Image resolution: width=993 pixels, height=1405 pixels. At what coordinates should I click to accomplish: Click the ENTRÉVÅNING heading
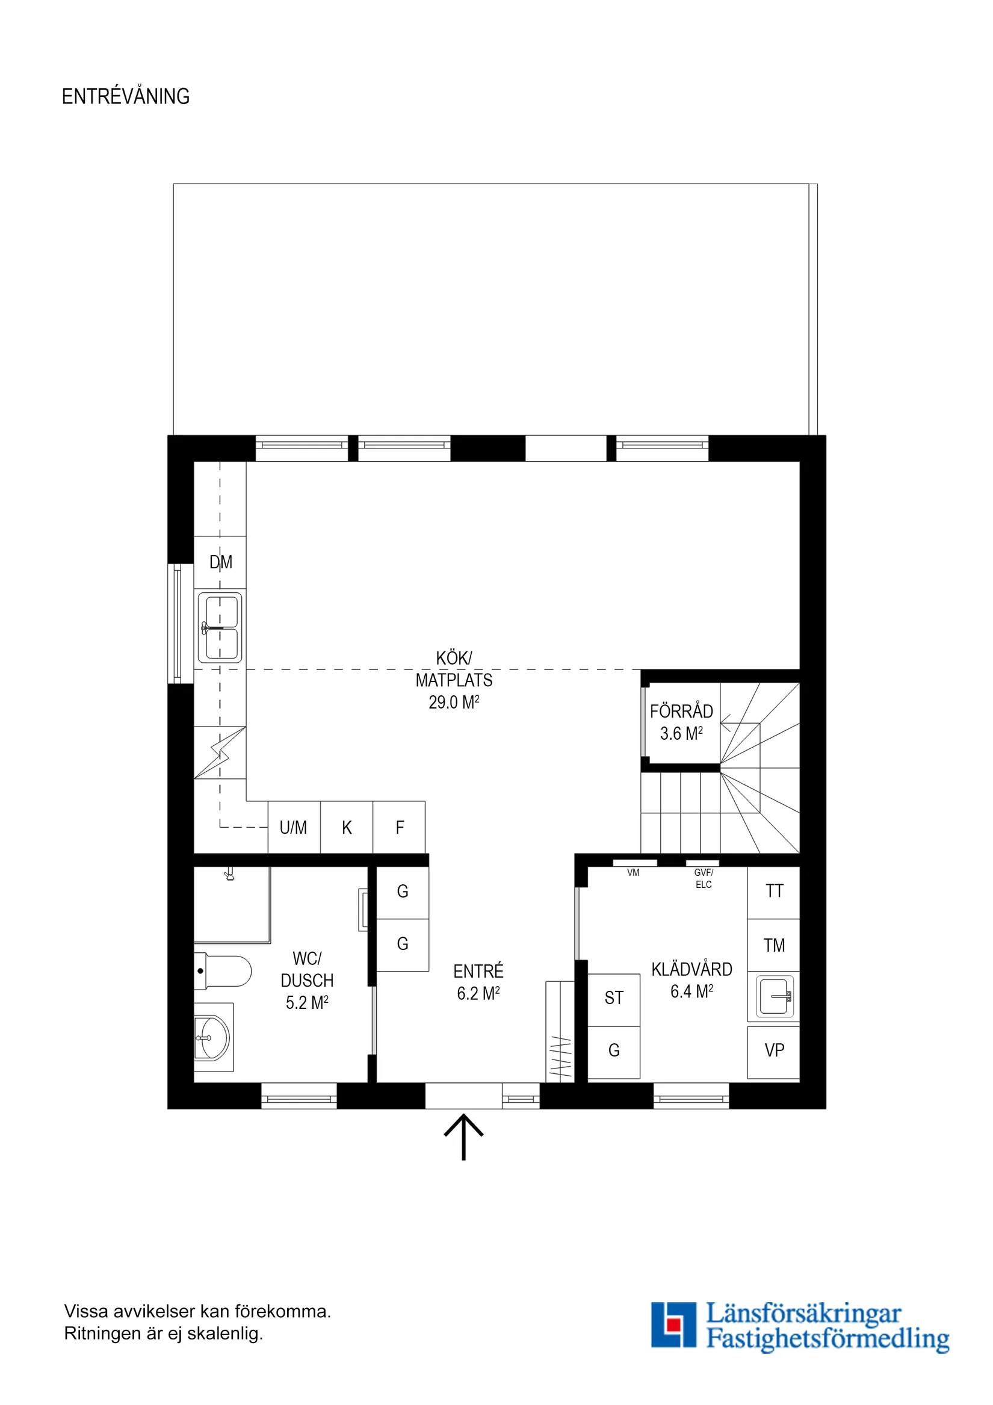pos(125,96)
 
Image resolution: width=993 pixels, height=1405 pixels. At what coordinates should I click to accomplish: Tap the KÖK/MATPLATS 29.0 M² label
pos(453,680)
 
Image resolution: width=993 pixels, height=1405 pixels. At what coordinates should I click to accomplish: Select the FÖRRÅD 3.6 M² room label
pos(681,722)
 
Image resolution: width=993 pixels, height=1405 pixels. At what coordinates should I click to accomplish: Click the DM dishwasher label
pos(220,562)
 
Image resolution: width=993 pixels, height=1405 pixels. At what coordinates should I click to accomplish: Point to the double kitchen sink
pos(220,628)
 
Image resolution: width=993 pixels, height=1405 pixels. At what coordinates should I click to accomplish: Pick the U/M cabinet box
pos(294,827)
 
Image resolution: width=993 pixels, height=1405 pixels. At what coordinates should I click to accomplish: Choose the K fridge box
pos(346,827)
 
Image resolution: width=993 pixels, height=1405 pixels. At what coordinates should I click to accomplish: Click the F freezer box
pos(399,827)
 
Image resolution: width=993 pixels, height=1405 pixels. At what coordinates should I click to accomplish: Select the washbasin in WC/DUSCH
pos(212,1038)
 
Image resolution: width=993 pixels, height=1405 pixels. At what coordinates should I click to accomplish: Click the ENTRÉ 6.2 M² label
pos(478,982)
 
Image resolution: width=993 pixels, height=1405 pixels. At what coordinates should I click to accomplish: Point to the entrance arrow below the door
pos(463,1137)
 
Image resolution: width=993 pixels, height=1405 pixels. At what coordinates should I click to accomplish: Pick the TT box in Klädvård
pos(773,892)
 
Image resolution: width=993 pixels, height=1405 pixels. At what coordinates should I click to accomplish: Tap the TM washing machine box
pos(773,946)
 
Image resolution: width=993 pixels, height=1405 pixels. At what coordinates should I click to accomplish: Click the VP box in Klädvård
pos(773,1050)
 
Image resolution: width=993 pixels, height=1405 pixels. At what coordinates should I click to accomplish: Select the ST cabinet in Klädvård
pos(614,998)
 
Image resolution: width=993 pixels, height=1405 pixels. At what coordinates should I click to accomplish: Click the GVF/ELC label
pos(703,879)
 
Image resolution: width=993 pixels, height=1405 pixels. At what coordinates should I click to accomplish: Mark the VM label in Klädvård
pos(633,873)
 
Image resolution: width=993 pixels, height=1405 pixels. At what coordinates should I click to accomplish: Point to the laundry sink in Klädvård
pos(774,996)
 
